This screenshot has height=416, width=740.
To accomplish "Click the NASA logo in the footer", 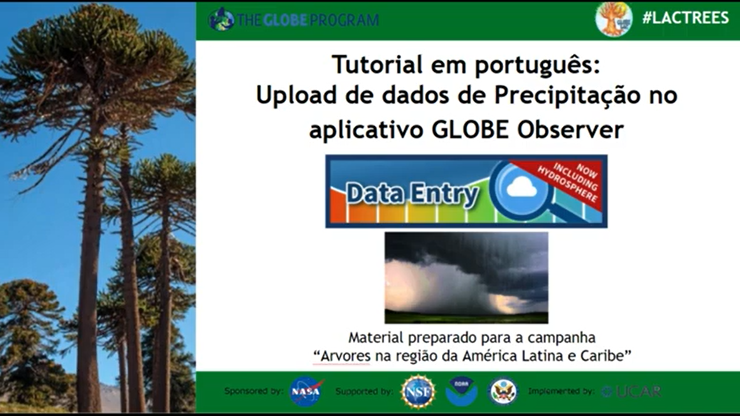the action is [306, 392].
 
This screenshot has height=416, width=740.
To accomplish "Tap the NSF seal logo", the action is [418, 392].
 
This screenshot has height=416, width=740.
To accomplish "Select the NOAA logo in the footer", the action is [461, 392].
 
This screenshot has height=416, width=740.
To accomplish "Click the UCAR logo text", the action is [632, 392].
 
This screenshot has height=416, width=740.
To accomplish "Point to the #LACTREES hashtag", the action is [685, 18].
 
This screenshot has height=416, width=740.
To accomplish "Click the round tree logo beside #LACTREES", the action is [614, 19].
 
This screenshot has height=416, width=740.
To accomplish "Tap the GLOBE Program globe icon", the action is [221, 20].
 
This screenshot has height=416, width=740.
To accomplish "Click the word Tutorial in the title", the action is [377, 64].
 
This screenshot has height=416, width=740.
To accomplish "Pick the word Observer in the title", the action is [570, 130].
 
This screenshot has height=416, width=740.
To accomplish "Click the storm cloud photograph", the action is [466, 277].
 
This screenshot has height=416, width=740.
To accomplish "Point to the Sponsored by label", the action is [254, 391].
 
